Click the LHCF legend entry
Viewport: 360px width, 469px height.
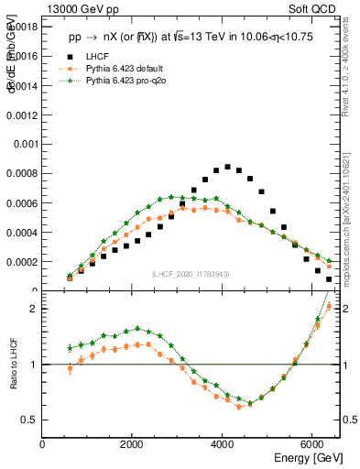[x=97, y=57]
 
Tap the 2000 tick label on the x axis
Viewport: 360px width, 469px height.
[x=133, y=444]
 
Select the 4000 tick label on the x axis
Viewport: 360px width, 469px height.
[x=223, y=444]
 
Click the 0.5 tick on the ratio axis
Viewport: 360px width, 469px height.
[x=30, y=420]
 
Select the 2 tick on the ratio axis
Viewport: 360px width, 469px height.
[x=34, y=309]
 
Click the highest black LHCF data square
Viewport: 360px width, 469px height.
[x=227, y=167]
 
